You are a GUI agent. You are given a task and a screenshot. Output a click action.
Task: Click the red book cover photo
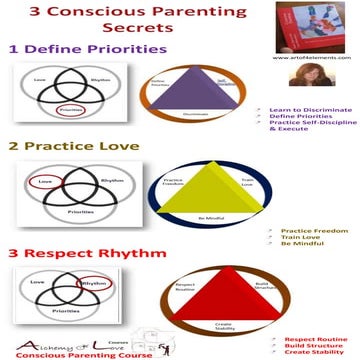(322, 26)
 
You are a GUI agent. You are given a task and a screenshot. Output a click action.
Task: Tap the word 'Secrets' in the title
(180, 29)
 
